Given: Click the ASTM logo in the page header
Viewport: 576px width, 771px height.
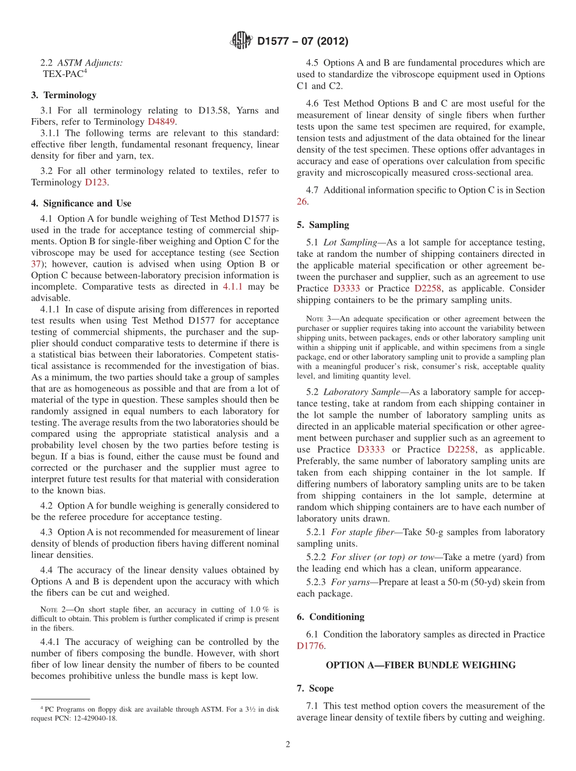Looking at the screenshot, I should [x=241, y=41].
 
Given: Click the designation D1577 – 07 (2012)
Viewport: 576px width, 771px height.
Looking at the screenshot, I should [x=303, y=42].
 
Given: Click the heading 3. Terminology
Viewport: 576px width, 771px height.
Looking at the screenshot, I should [x=64, y=95].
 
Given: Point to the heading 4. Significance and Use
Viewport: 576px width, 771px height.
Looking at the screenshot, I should [x=81, y=203].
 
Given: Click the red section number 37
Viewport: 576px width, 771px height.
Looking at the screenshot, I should [x=36, y=264].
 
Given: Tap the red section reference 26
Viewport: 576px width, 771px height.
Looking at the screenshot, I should [x=302, y=202].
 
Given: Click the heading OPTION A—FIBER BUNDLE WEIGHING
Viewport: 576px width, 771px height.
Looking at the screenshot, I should [x=421, y=665].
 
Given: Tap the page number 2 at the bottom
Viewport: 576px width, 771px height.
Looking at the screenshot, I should [x=288, y=745].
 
